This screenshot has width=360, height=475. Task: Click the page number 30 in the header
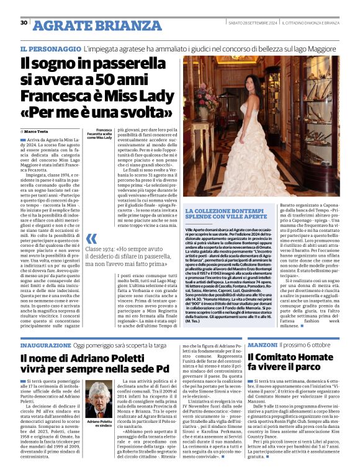(x=24, y=23)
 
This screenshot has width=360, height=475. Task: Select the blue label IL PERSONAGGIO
(x=50, y=48)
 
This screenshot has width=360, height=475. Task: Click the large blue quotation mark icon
(x=92, y=239)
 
